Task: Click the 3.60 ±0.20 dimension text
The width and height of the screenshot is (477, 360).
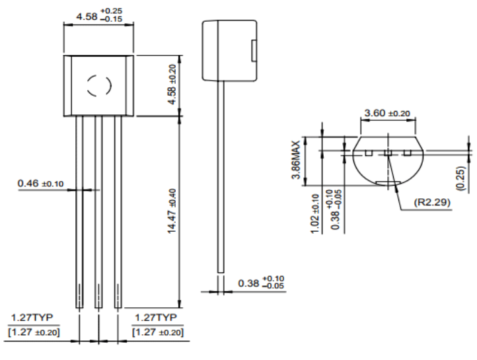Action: point(387,113)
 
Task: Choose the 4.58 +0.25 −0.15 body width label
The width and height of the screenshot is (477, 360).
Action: point(99,14)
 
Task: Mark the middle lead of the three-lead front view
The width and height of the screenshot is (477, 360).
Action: point(98,211)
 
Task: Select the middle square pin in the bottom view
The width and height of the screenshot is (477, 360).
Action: point(388,153)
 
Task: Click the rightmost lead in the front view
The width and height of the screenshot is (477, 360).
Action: point(118,211)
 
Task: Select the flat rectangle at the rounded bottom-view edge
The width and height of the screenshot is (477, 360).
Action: point(388,182)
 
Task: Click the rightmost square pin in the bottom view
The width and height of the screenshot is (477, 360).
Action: point(407,153)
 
